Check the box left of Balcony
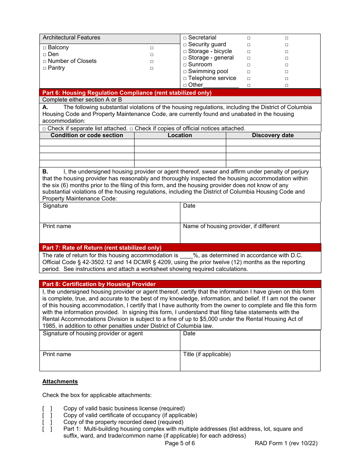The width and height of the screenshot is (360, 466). (x=44, y=48)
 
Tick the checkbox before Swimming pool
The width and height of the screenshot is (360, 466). (x=185, y=72)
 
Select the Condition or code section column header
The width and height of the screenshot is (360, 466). (x=87, y=135)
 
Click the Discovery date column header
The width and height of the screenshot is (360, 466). (x=273, y=135)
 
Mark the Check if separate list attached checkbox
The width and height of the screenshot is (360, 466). (x=44, y=129)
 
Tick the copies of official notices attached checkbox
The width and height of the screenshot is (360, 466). (x=131, y=129)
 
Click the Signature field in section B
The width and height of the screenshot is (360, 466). (x=110, y=213)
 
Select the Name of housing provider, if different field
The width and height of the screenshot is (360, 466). (x=250, y=233)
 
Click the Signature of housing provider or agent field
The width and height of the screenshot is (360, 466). (x=110, y=340)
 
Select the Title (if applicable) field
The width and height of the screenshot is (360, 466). (x=250, y=361)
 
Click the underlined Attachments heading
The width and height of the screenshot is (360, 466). (x=60, y=382)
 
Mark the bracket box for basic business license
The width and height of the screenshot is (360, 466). (x=47, y=408)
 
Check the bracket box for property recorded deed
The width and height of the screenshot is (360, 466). (x=47, y=422)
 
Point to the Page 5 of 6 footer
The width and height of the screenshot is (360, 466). (x=180, y=443)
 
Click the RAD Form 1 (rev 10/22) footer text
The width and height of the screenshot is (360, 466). (x=286, y=443)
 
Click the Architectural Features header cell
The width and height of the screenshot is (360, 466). (x=110, y=38)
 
